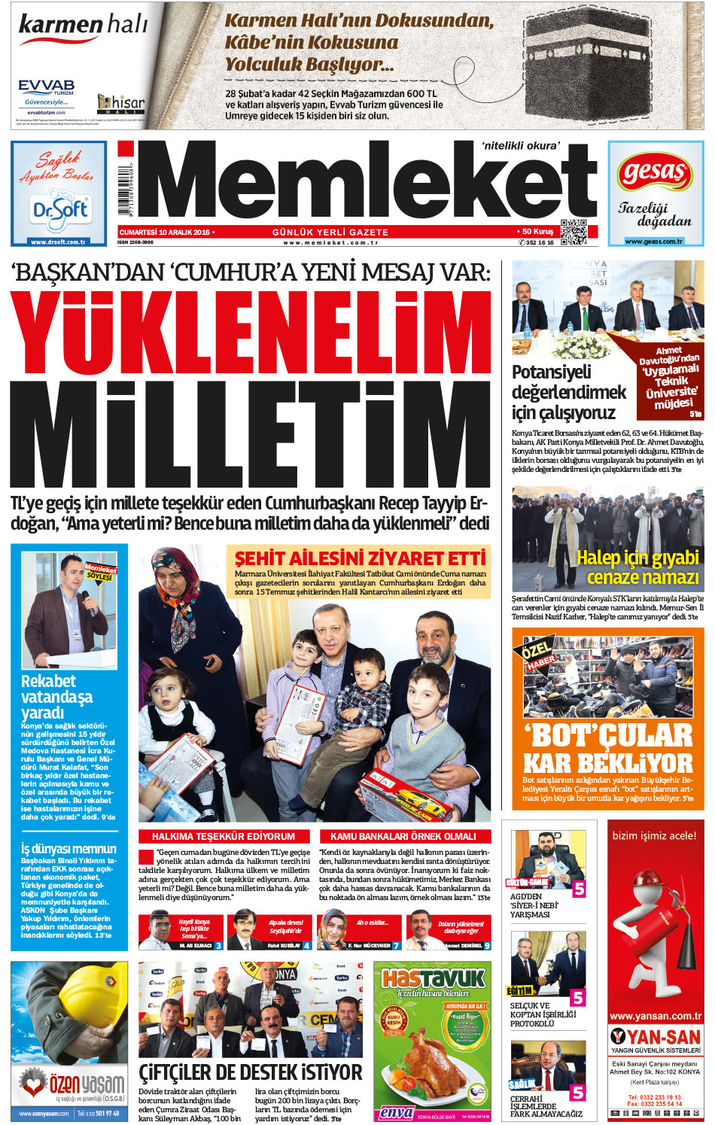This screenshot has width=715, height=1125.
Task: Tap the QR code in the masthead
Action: [574, 232]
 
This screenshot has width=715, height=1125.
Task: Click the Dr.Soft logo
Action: [59, 210]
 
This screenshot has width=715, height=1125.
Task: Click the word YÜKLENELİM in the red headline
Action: [249, 333]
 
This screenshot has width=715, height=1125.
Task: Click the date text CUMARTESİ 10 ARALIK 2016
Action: [164, 232]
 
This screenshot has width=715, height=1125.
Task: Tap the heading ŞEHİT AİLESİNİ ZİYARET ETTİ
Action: [360, 558]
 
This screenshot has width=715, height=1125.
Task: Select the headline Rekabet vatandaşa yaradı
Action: [57, 697]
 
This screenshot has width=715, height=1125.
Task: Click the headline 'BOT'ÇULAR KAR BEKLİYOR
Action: [607, 749]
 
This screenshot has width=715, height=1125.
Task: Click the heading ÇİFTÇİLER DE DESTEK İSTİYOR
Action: [250, 1072]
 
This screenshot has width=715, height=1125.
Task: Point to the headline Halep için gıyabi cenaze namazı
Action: [638, 567]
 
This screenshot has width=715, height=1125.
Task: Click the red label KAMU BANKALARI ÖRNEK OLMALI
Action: [403, 836]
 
